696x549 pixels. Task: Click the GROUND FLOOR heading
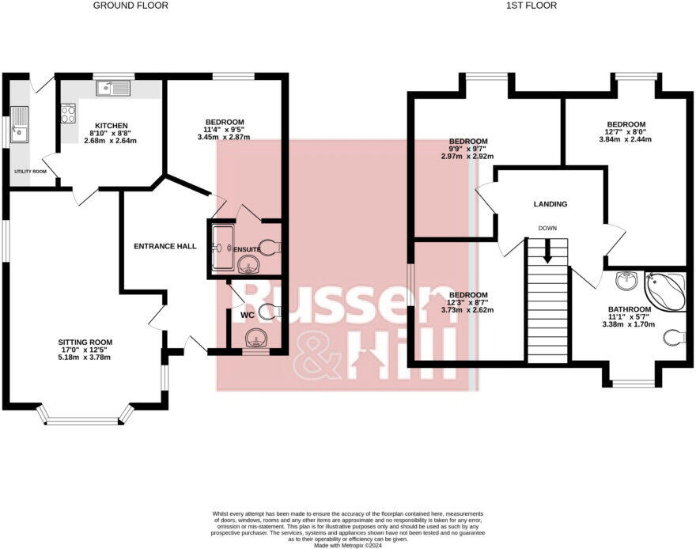coord(130,6)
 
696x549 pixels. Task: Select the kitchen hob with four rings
coord(66,114)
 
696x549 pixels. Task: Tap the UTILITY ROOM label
coord(29,171)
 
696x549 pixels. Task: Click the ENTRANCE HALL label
coord(165,246)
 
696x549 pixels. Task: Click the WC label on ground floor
coord(246,315)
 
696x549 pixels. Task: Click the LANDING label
coord(550,204)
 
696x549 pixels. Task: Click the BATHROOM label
coord(629,309)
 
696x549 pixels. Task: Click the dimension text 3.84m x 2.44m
coord(626,140)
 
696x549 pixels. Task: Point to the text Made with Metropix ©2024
coord(348,545)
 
